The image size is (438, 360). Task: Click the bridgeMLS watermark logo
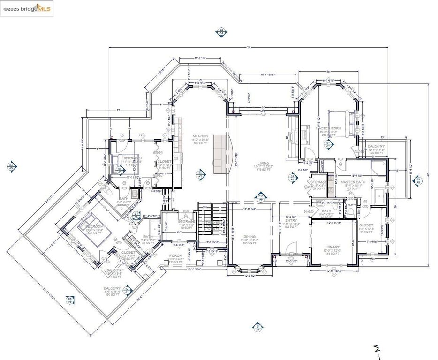pyautogui.click(x=27, y=9)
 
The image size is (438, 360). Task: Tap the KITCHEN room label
pyautogui.click(x=200, y=136)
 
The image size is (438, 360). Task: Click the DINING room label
pyautogui.click(x=249, y=237)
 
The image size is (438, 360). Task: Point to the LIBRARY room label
pyautogui.click(x=332, y=247)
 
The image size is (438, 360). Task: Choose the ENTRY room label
pyautogui.click(x=291, y=220)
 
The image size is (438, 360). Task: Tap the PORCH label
pyautogui.click(x=175, y=256)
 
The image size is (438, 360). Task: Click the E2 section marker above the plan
pyautogui.click(x=221, y=31)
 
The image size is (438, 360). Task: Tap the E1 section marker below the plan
pyautogui.click(x=257, y=327)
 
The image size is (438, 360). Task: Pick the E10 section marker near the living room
pyautogui.click(x=261, y=197)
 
